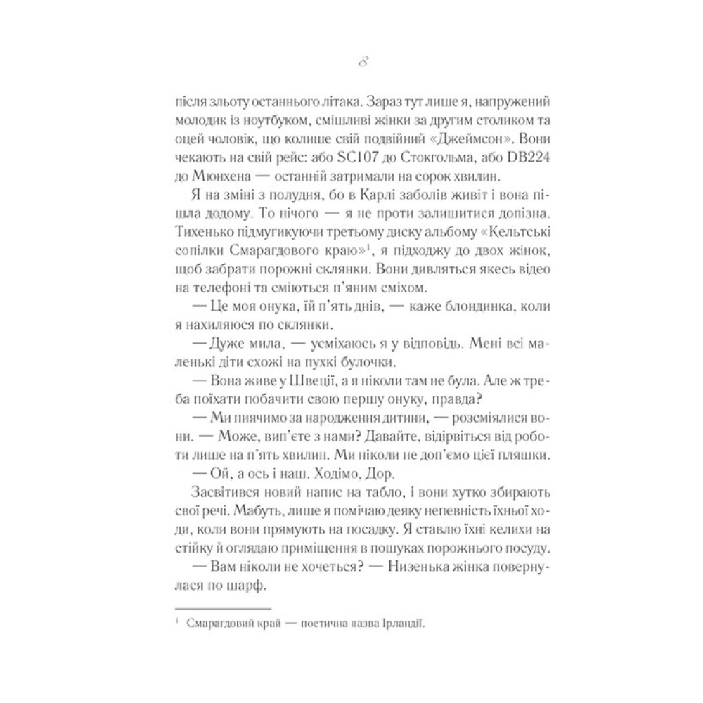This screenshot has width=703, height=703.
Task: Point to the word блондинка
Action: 445,313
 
